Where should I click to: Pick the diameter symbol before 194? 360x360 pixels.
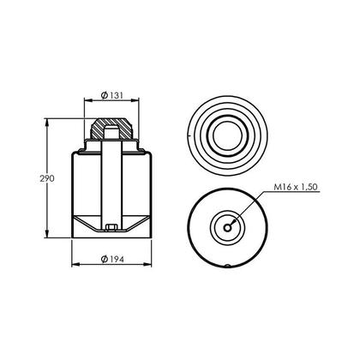point(102,260)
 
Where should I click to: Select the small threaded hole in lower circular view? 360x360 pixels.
point(228,226)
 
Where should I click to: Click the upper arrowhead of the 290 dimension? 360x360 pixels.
point(47,122)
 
